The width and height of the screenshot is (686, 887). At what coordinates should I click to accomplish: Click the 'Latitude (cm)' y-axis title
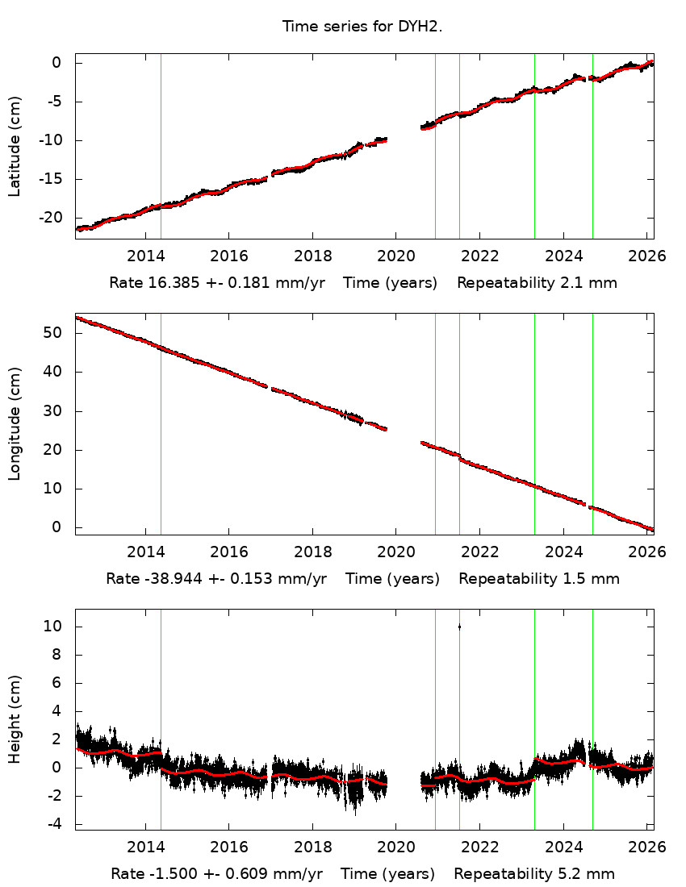point(15,146)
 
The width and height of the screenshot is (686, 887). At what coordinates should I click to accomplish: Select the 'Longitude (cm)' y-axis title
point(15,423)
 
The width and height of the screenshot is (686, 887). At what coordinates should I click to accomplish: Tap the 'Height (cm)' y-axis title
point(15,719)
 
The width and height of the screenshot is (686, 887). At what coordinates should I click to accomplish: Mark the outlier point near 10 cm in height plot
point(459,627)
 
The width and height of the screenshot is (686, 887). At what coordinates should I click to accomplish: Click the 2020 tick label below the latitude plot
point(396,256)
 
